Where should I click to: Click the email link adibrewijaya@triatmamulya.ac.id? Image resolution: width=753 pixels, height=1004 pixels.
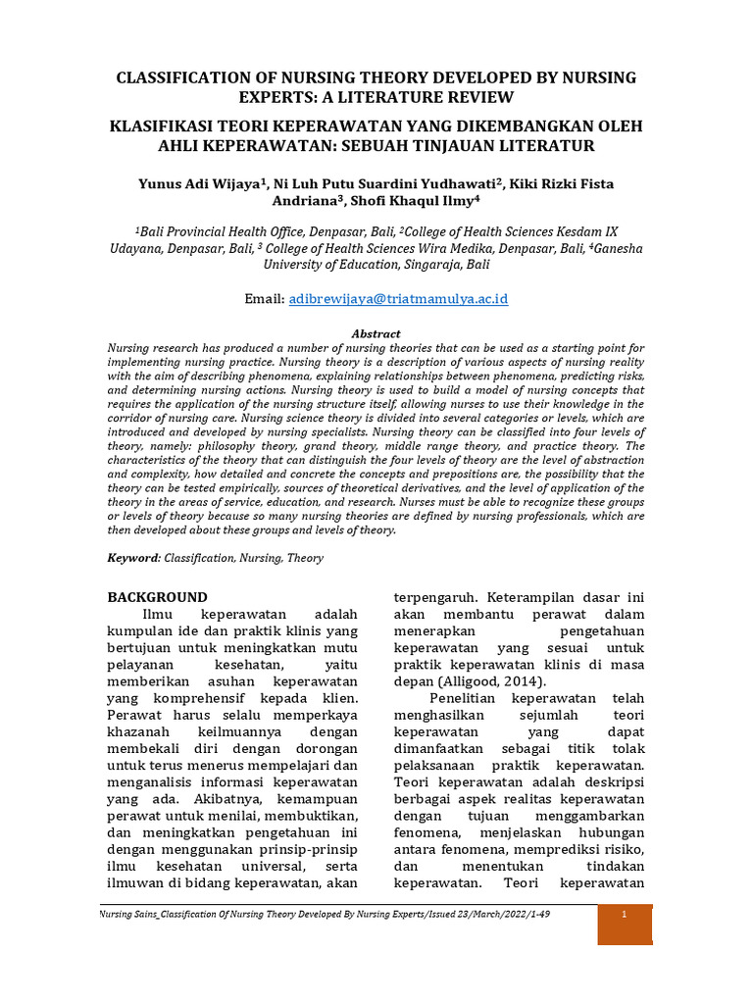tap(398, 298)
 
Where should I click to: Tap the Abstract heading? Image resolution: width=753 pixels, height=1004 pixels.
tap(376, 333)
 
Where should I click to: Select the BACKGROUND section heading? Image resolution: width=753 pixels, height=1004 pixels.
tap(157, 596)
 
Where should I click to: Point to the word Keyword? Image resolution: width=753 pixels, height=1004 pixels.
tap(132, 558)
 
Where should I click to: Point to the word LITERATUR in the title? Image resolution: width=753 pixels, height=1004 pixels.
tap(546, 146)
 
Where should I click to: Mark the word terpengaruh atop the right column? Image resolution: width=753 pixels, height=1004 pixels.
tap(438, 596)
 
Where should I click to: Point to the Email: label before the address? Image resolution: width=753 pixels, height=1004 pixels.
tap(264, 298)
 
